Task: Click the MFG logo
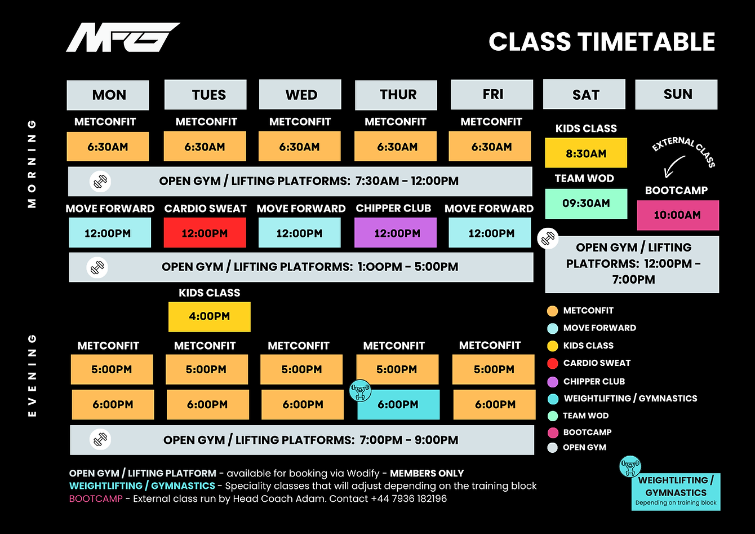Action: pos(123,38)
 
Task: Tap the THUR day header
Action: pos(396,95)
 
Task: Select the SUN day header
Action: pos(676,94)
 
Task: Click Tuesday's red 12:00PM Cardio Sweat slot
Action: pos(205,233)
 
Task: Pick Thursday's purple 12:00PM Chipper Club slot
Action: pos(396,233)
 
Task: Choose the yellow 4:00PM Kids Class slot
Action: pos(210,316)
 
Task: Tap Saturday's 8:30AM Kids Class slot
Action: pos(586,153)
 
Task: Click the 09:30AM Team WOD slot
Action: pos(586,204)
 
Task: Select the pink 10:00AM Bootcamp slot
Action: pos(678,215)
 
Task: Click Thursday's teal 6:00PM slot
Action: pos(398,404)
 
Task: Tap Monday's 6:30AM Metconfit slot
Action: pos(108,147)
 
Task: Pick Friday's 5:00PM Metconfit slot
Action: pos(494,369)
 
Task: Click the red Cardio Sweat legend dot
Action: pos(553,363)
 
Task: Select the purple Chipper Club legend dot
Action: pos(553,382)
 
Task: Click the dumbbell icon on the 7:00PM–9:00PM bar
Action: pos(101,439)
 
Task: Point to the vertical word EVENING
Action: pos(32,376)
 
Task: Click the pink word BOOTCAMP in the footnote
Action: pos(95,498)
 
